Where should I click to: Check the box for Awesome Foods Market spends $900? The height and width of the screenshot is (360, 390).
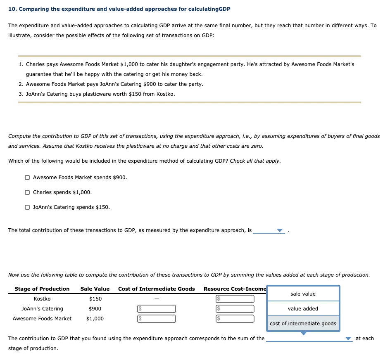27,178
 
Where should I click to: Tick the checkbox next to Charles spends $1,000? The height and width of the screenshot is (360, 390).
27,192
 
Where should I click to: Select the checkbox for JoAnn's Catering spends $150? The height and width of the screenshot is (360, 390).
27,207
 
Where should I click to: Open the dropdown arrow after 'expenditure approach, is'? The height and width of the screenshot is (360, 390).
280,230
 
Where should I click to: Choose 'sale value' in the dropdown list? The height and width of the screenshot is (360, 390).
303,294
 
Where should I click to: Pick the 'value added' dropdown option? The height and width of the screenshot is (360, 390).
303,309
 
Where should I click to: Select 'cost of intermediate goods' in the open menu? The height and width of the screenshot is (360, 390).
303,324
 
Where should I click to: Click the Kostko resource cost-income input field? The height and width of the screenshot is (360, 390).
234,299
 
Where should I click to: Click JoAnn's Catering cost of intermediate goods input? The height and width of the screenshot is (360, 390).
157,309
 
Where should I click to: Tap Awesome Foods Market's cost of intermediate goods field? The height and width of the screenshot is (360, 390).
157,319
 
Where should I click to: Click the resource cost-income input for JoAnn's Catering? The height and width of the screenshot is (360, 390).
234,309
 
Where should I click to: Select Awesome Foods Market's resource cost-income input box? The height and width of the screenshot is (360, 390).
234,319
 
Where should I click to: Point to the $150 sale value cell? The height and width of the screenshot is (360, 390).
95,299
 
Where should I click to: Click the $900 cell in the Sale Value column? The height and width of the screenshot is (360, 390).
95,309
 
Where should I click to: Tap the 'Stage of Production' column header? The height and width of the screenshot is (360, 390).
42,289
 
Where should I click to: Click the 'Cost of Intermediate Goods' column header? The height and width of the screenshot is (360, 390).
156,289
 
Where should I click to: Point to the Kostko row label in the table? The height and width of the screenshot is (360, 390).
42,299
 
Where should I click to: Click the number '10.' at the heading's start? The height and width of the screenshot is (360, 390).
12,9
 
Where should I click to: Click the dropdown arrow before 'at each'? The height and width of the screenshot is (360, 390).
349,339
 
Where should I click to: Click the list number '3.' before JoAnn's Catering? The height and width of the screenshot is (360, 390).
21,94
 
